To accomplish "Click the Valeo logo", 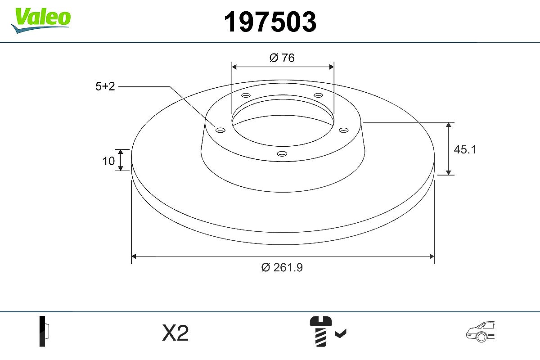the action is point(41,20).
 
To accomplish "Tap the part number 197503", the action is point(270,22).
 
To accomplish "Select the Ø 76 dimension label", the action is point(282,58).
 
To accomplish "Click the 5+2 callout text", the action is point(105,86).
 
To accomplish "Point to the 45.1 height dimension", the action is point(464,149).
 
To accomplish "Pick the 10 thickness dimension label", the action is point(108,161).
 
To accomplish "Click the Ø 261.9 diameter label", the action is point(282,267).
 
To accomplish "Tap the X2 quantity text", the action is point(175,333).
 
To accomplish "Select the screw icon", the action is point(320,331).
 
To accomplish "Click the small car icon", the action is point(480,331).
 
